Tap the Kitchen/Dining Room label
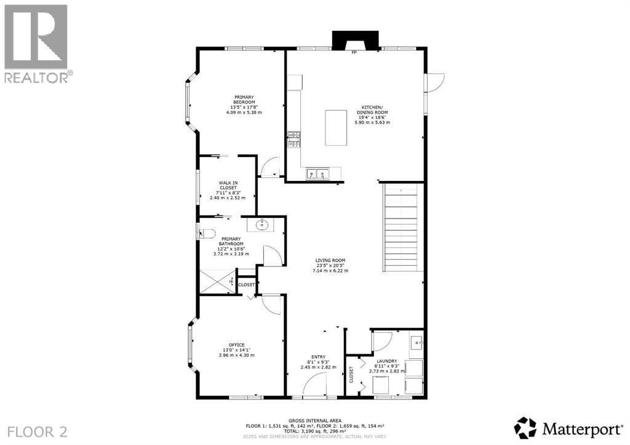pyautogui.click(x=372, y=114)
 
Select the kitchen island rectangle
pyautogui.click(x=337, y=127)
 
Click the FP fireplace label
pyautogui.click(x=354, y=53)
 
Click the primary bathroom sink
pyautogui.click(x=262, y=224)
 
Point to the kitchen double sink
pyautogui.click(x=317, y=174)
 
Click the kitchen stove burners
pyautogui.click(x=293, y=139)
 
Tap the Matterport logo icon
pyautogui.click(x=525, y=428)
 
